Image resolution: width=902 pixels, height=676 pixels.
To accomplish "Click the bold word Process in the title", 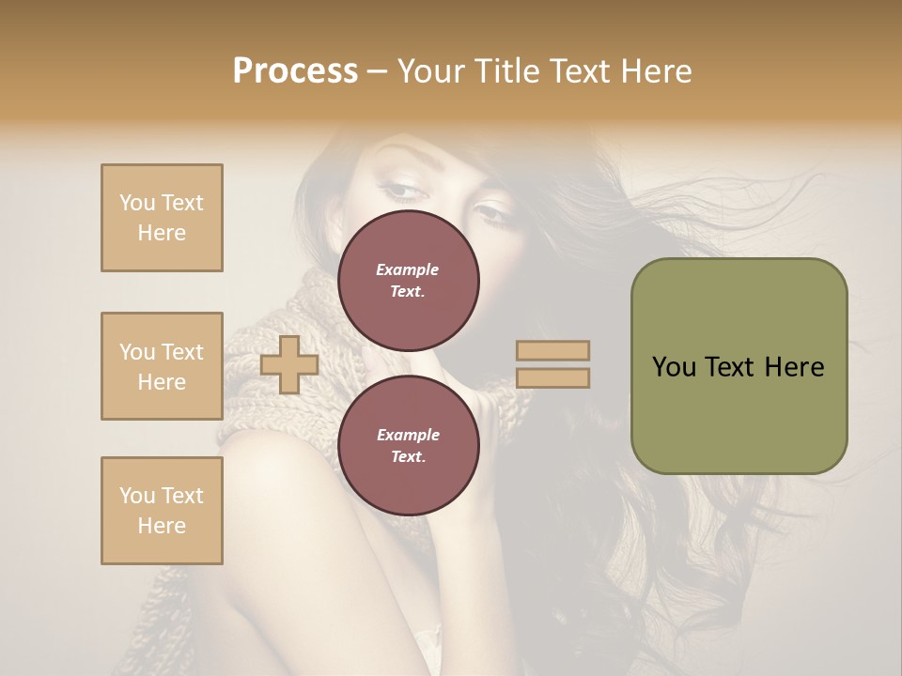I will tap(295, 71).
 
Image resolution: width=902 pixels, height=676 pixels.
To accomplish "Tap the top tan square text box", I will tap(162, 218).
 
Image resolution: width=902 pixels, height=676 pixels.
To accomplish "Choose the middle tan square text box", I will tap(162, 366).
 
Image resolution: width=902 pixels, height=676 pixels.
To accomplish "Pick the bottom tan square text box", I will tap(162, 511).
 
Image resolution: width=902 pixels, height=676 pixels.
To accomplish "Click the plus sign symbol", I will tap(289, 365).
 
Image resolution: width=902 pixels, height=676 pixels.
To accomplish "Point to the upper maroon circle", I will tap(409, 280).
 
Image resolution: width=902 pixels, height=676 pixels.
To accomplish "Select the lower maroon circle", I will tap(409, 445).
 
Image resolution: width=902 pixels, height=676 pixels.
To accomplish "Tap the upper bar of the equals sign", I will tap(553, 351).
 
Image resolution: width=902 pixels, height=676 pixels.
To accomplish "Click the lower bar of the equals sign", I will tap(553, 378).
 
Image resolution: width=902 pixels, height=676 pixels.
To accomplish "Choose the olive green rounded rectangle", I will tap(739, 366).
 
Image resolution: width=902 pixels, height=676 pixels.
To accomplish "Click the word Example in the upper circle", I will tap(408, 269).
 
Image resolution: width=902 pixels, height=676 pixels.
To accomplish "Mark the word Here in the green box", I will tap(794, 367).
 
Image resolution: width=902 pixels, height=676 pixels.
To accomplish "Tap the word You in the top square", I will tap(137, 203).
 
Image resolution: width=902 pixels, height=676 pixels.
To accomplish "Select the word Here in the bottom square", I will tap(162, 526).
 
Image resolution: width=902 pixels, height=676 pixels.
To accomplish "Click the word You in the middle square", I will tap(137, 352).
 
